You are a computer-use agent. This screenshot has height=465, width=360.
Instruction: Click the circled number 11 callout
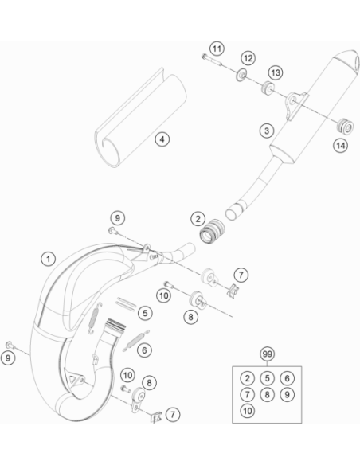pos(217,49)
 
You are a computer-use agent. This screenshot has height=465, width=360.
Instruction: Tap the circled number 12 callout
pos(248,58)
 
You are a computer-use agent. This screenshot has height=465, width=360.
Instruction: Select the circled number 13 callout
pos(276,72)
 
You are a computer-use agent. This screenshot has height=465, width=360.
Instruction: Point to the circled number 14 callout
pos(340,145)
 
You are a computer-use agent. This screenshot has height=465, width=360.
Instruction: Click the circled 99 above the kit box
pos(267,354)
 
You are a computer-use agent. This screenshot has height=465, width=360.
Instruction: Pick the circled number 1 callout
pos(49,259)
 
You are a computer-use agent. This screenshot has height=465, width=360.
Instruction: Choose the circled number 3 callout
pos(267,131)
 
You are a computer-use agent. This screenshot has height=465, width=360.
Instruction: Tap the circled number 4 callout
pos(162,139)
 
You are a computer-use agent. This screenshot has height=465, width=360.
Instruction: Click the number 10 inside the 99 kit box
pos(247,411)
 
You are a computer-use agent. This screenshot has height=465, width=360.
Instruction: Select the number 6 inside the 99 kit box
pos(287,378)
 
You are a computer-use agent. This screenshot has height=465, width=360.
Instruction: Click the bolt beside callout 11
pos(212,61)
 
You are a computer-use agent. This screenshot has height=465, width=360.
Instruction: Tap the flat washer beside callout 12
pos(242,76)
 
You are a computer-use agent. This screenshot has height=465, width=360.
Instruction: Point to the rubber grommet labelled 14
pos(346,126)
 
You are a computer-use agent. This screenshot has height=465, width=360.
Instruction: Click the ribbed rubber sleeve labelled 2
pos(212,231)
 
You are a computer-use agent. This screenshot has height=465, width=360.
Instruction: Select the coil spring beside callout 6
pos(136,341)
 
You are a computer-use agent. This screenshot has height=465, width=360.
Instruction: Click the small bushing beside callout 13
pos(268,88)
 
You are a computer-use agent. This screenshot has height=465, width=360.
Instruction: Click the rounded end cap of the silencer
pos(347,61)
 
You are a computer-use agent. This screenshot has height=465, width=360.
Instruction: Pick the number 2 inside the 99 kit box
pos(247,378)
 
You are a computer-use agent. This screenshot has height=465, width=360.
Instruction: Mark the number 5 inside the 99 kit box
pos(267,378)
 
